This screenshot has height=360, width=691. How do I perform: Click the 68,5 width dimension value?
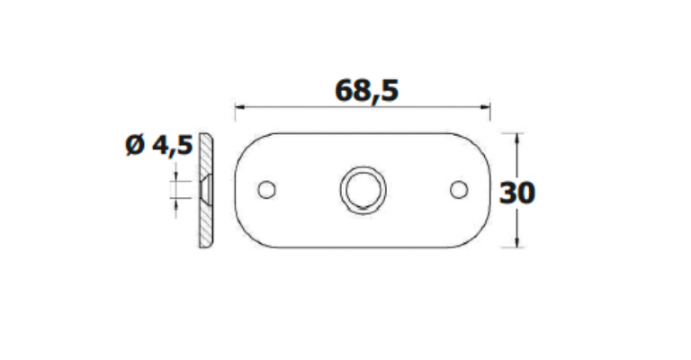point(367,91)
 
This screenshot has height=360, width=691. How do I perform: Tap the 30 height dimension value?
point(517,193)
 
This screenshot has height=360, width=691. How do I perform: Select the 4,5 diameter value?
point(173,146)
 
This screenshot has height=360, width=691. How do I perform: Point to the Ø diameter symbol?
point(135,145)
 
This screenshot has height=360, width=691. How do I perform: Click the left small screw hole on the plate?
point(266,190)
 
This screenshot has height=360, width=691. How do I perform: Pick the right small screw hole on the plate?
point(459,190)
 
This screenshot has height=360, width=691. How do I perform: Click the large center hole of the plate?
point(363,190)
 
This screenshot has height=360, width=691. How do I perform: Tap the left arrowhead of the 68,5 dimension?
point(240,106)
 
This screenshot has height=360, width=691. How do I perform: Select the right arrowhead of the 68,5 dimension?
point(485,106)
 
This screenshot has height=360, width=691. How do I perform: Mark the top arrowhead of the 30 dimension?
point(517,139)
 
